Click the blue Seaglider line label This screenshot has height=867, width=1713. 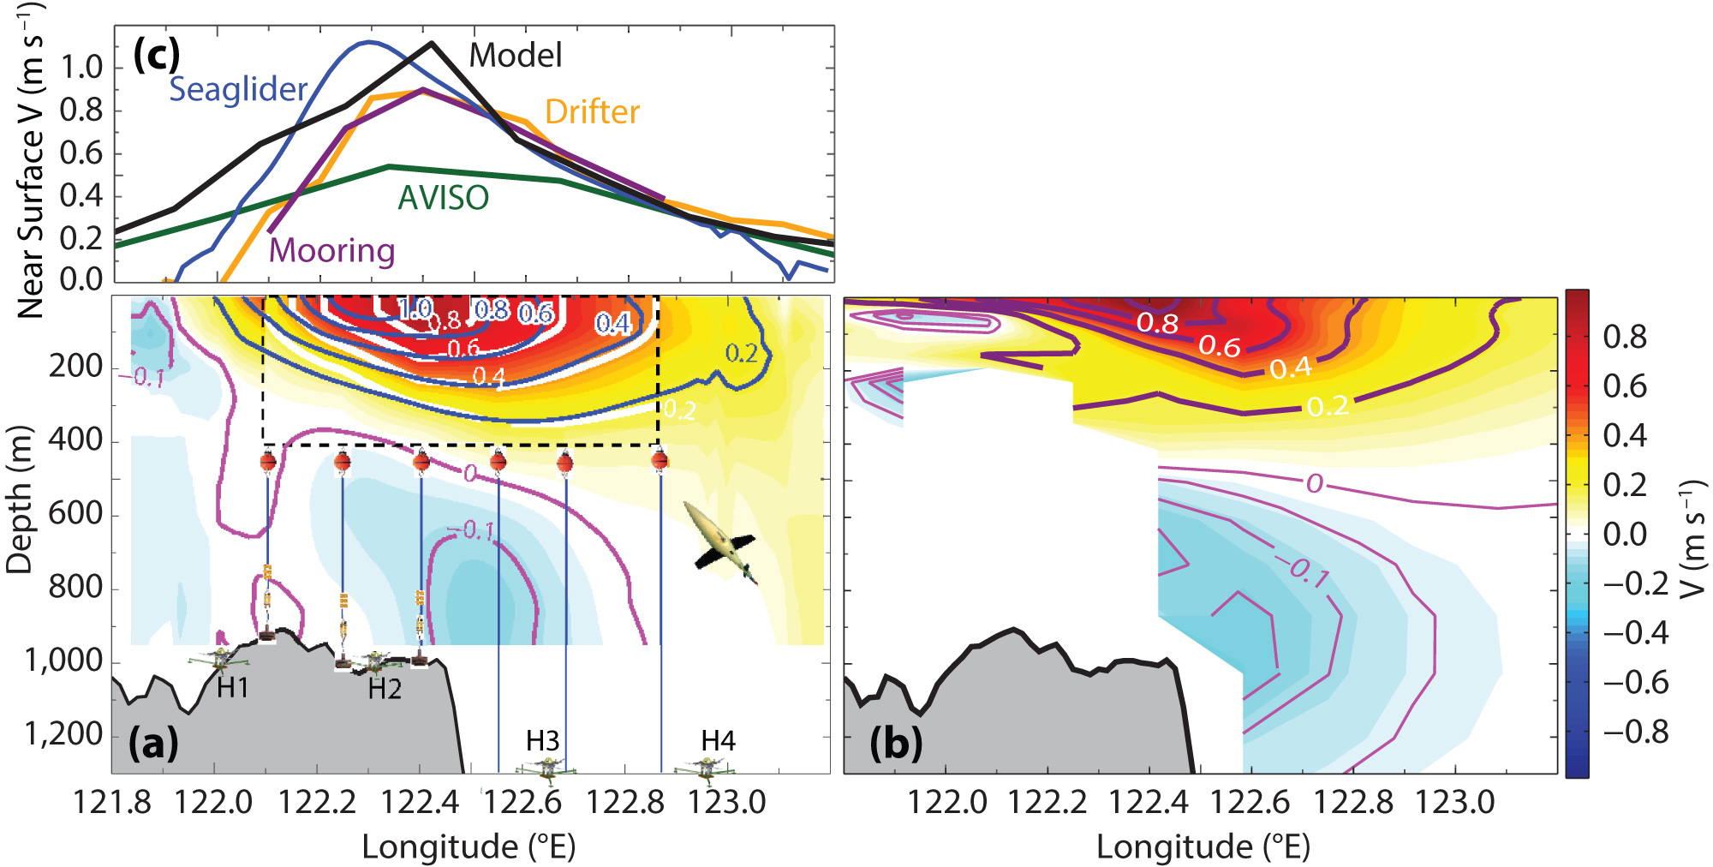238,89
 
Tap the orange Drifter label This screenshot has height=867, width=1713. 592,112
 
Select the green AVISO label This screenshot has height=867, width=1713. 443,198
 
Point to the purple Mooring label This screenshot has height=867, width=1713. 332,250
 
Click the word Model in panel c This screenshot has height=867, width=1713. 516,56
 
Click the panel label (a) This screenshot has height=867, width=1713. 153,743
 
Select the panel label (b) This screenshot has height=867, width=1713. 896,743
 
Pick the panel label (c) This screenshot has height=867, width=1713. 157,55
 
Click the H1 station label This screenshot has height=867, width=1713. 232,688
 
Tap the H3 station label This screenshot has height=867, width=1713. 542,740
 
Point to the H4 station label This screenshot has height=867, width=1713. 718,740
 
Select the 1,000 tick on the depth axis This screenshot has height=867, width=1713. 63,661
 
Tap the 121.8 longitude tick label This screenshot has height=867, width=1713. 111,803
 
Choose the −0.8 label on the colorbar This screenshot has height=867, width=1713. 1636,732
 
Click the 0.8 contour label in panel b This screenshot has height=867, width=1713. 1157,323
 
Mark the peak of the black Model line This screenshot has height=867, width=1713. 432,43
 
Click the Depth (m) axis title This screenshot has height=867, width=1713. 19,499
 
